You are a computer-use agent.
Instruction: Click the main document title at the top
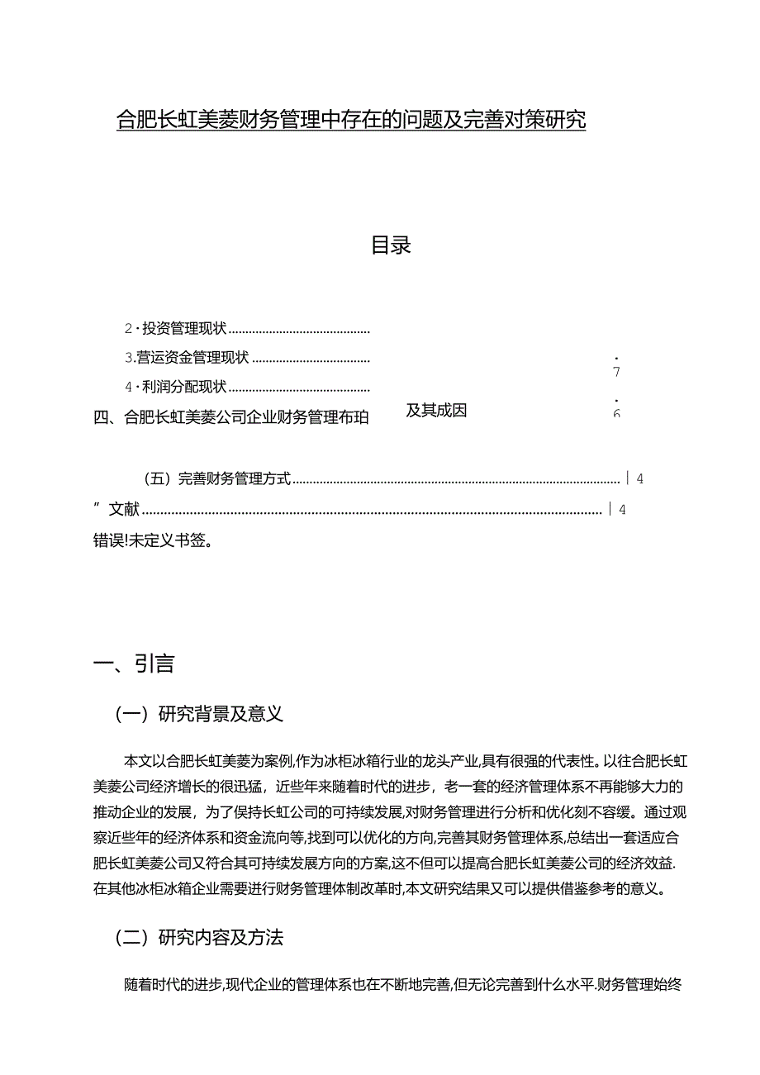tap(351, 121)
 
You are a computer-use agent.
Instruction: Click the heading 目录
tap(391, 245)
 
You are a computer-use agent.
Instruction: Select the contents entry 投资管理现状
tap(183, 329)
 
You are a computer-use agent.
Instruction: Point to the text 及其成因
tap(436, 411)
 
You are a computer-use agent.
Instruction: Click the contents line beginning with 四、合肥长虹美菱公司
tap(232, 418)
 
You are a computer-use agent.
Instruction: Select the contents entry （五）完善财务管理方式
tap(216, 478)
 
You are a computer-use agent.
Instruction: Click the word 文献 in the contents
tap(125, 510)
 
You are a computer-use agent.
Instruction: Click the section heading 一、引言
tap(134, 664)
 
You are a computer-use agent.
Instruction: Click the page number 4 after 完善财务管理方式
tap(640, 478)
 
